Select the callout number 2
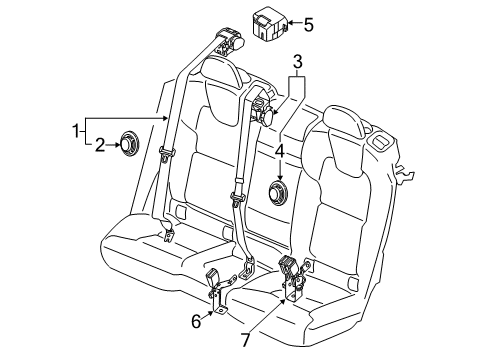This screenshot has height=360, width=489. [101, 145]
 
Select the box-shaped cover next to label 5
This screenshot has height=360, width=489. [268, 25]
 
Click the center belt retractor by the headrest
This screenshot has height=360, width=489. [263, 108]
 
